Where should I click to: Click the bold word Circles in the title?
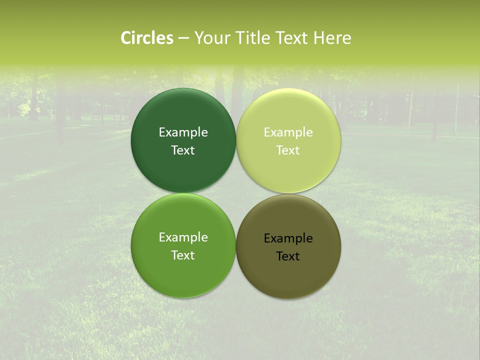coord(146,38)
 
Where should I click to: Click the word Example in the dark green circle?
coord(183,132)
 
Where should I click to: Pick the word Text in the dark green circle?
coord(183,150)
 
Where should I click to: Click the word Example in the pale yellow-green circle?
coord(288,132)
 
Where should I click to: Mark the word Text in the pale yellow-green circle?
coord(288,150)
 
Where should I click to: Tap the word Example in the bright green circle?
coord(183,237)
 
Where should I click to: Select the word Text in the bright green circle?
coord(183,255)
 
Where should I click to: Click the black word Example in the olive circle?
coord(288,238)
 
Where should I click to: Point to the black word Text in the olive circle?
coord(288,256)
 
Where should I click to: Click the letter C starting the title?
coord(126,38)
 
